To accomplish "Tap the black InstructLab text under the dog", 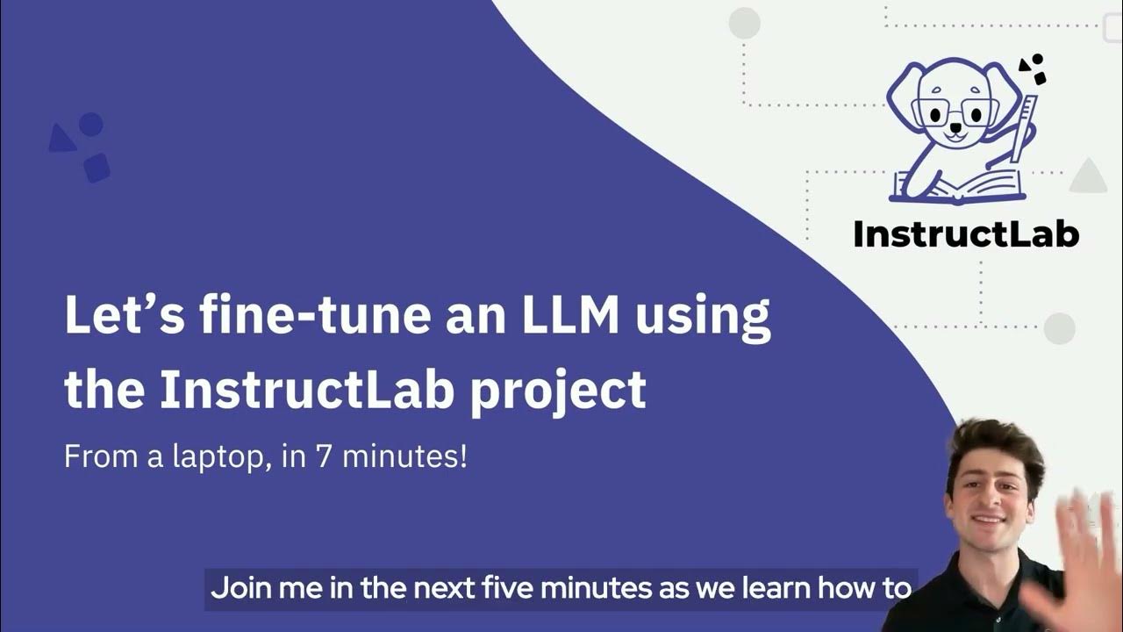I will [x=966, y=233].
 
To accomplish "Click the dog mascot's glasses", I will [x=955, y=111].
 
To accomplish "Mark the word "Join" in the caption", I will [x=237, y=588].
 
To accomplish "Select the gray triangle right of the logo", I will [x=1088, y=178].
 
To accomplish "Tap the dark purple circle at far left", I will [x=91, y=125].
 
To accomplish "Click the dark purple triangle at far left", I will [x=61, y=140].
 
